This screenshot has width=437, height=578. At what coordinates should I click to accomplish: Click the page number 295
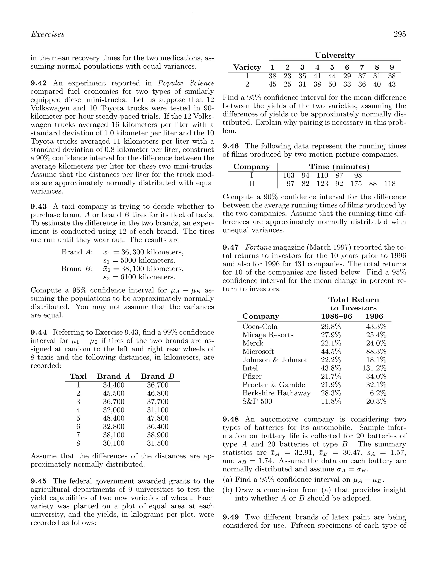(400, 34)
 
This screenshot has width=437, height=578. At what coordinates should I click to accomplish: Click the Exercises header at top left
(48, 34)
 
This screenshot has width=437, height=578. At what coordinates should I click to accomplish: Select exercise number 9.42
(39, 83)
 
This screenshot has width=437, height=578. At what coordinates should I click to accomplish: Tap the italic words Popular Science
(186, 83)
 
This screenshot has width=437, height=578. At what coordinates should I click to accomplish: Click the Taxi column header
(78, 376)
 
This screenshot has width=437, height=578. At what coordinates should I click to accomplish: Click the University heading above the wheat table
(334, 55)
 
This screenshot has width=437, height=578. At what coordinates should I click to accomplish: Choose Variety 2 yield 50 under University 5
(332, 84)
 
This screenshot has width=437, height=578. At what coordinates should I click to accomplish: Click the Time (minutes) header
(339, 167)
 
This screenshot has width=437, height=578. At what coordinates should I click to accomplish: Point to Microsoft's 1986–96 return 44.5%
(331, 351)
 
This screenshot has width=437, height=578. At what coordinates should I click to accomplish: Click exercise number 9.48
(230, 419)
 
